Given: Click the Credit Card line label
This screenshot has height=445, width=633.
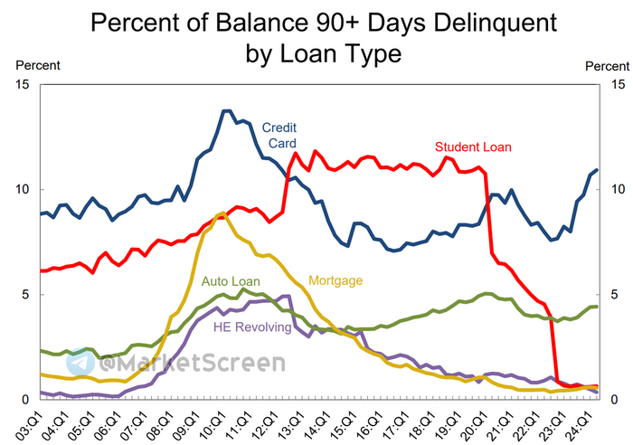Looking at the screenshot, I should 279,135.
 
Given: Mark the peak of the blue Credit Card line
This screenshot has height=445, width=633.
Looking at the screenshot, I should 226,110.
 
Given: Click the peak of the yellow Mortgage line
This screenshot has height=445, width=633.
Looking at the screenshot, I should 222,213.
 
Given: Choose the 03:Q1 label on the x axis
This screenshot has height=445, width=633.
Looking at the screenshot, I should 41,421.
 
